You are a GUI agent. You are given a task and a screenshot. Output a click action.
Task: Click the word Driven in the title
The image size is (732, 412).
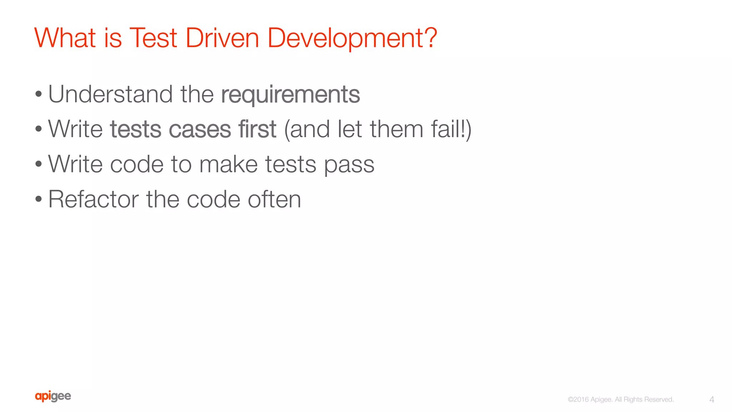[222, 38]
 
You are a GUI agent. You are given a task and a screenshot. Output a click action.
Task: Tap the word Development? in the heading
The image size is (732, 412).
[352, 39]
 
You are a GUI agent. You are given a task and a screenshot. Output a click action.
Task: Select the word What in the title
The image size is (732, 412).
[65, 38]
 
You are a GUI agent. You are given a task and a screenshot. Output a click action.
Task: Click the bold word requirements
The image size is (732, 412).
[290, 95]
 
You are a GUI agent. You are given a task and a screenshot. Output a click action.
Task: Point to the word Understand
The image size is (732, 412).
[110, 94]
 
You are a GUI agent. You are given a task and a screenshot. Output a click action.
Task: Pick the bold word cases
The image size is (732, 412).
[200, 129]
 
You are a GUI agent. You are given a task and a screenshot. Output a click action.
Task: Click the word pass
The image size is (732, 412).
[349, 165]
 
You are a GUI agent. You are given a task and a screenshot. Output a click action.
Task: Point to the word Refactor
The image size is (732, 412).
[93, 199]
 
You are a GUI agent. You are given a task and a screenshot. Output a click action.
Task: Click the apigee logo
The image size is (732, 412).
[53, 396]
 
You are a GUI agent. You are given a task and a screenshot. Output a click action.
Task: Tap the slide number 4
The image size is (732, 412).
[712, 399]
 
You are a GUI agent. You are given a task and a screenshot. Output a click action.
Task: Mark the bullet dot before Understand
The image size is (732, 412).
[39, 95]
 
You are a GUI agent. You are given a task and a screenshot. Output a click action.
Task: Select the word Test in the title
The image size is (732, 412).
[153, 38]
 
